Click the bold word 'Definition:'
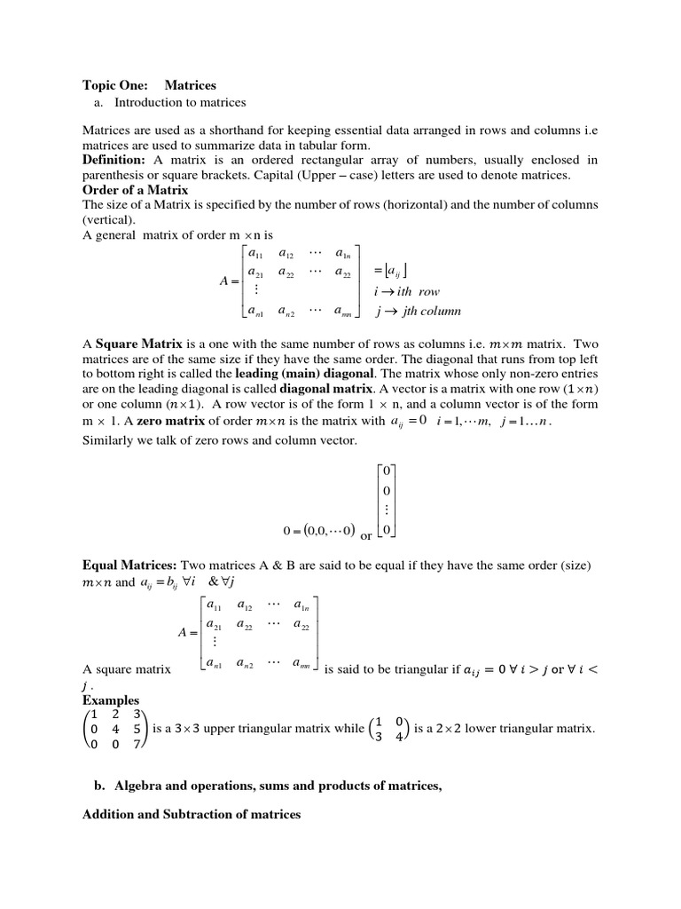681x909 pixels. [113, 160]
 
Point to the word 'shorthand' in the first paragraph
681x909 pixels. [234, 130]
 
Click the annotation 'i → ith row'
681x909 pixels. [407, 291]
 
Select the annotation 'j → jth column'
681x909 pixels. [417, 311]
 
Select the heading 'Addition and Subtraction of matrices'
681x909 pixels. [192, 814]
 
